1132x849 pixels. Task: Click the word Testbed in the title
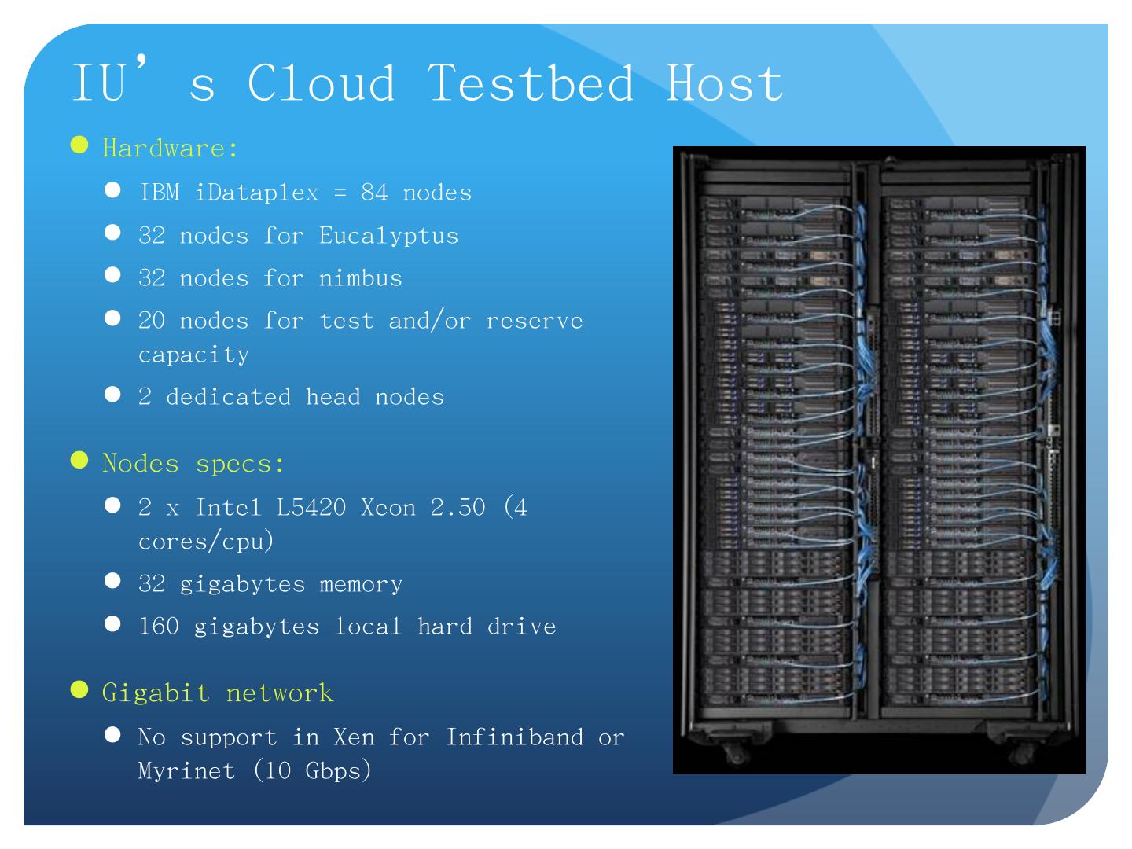[x=531, y=82]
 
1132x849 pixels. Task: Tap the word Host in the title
[x=725, y=82]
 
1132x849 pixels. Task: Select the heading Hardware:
[x=170, y=149]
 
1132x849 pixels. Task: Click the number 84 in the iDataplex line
[x=374, y=193]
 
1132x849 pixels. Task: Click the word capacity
[x=193, y=355]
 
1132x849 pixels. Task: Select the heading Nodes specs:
[x=193, y=464]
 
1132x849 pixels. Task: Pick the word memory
[x=361, y=584]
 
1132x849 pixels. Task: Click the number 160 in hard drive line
[x=159, y=627]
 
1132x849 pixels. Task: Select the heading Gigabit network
[x=218, y=693]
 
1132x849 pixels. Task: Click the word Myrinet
[x=186, y=770]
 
